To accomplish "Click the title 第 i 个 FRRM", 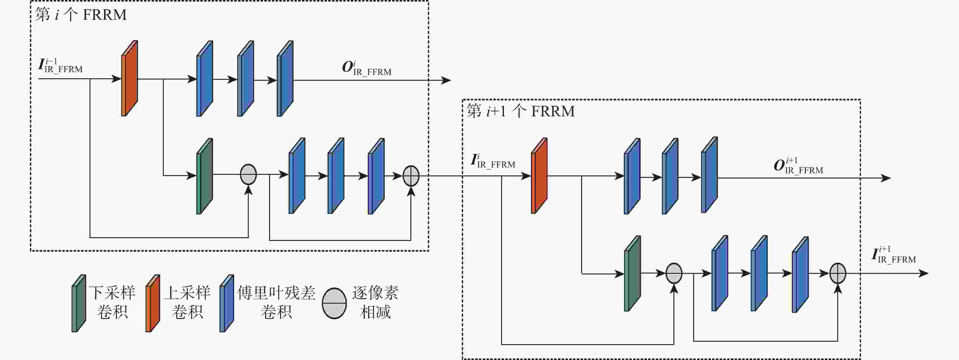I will click(x=81, y=15).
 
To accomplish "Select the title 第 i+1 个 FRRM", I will click(x=521, y=111).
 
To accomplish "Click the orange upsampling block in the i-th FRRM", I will click(x=130, y=79).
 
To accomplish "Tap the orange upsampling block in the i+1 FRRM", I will click(x=539, y=176).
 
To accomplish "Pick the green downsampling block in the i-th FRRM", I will click(x=204, y=176).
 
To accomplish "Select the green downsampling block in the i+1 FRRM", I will click(x=632, y=274).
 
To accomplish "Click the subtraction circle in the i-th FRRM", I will click(x=248, y=174).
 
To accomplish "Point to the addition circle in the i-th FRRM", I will click(x=411, y=176).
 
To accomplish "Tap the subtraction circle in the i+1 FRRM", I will click(x=674, y=273).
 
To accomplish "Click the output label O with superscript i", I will click(x=366, y=68).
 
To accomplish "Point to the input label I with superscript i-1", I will click(x=60, y=65).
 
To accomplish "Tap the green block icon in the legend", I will click(x=79, y=303).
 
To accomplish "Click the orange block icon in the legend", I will click(x=153, y=303).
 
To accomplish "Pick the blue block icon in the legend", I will click(x=227, y=303).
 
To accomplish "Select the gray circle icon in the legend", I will click(x=334, y=303).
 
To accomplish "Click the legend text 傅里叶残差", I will click(x=276, y=293).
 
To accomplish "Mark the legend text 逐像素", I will click(x=375, y=293).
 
